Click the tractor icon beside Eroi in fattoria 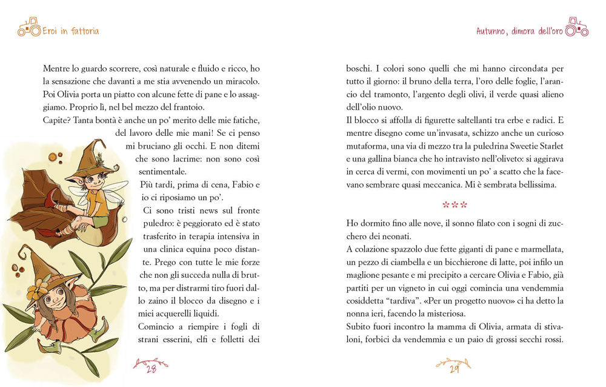click(28, 27)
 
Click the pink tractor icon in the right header click(576, 27)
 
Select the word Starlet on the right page click(547, 146)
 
